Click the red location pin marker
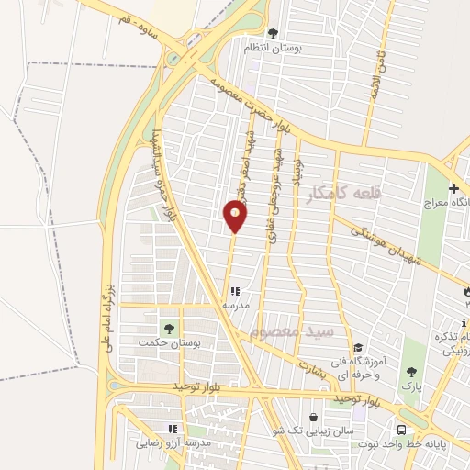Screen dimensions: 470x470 (x=235, y=216)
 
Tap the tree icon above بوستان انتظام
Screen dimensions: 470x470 (x=273, y=32)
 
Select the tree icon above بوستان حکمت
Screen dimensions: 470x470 (x=168, y=328)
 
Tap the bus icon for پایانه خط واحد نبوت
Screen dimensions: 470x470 (x=402, y=430)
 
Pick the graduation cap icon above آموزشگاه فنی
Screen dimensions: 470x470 (x=358, y=349)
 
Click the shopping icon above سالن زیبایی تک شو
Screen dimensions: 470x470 (x=314, y=417)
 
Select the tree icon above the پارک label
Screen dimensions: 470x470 (x=410, y=372)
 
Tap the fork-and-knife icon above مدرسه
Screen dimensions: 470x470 (x=235, y=291)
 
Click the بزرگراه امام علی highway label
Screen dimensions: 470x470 (x=105, y=322)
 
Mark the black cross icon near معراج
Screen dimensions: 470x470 (x=453, y=189)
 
